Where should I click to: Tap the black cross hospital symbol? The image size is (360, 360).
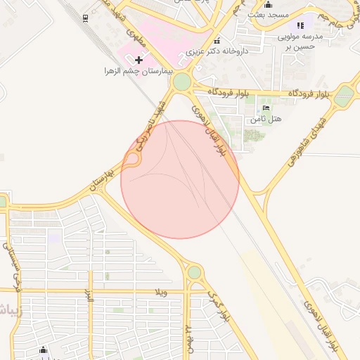tap(139, 60)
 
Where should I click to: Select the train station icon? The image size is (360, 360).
tap(85, 18)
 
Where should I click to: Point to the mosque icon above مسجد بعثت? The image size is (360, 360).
tap(266, 4)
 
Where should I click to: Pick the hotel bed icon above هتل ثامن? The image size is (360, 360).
tap(265, 108)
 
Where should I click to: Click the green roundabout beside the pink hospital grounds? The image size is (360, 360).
tap(182, 82)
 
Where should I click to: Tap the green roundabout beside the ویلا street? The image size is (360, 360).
tap(194, 272)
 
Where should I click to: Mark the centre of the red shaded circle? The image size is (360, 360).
tap(180, 179)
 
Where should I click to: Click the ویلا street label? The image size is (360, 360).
tap(162, 292)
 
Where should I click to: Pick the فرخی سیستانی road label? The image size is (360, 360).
tap(11, 266)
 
